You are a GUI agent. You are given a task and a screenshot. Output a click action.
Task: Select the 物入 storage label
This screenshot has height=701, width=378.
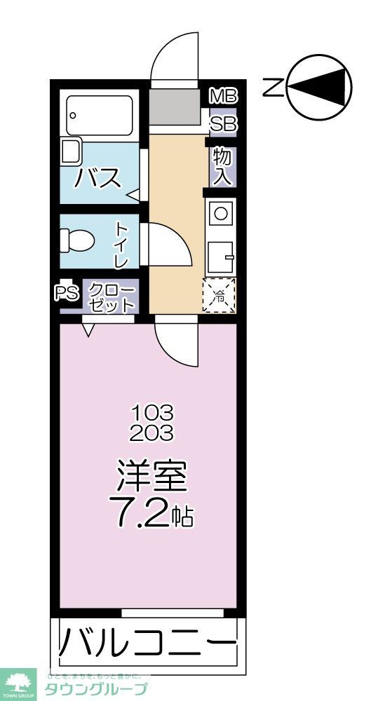coord(222,165)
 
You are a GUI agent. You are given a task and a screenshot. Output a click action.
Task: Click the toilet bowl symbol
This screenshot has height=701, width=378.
coord(77,240)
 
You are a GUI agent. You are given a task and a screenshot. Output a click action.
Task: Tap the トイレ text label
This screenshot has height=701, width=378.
coord(121,245)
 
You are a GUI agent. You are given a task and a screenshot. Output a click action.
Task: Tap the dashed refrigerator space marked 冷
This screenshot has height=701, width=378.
coord(220,296)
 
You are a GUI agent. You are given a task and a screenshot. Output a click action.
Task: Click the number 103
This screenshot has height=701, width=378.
coord(151,411)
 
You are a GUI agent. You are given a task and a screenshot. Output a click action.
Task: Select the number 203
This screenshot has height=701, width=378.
coord(151,433)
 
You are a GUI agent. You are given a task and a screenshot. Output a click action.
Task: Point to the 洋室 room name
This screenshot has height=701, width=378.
coord(151,478)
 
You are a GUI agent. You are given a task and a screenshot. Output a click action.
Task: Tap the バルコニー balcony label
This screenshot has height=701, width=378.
coord(147,641)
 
